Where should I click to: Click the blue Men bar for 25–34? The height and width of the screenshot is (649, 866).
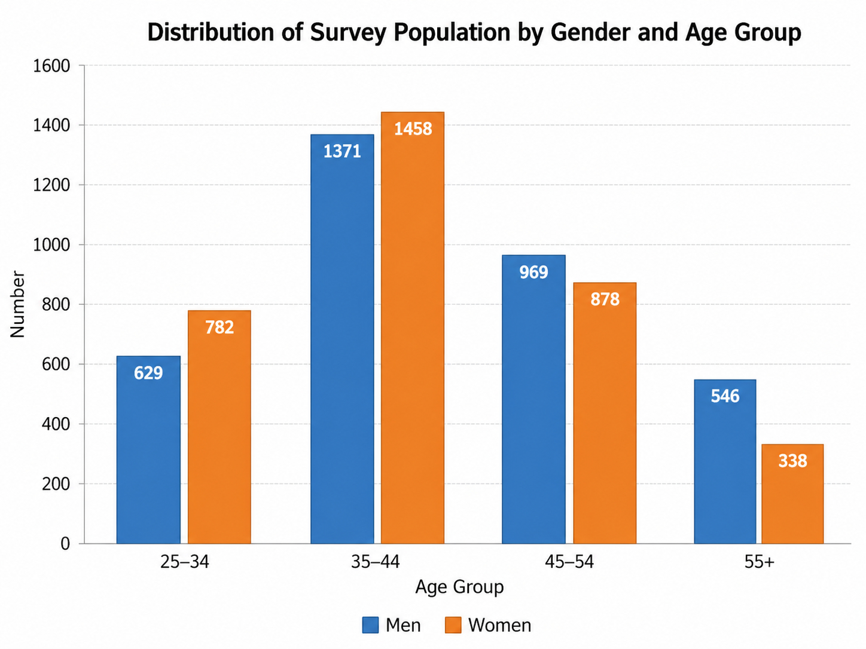click(148, 449)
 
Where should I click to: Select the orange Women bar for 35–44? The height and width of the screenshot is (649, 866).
click(412, 328)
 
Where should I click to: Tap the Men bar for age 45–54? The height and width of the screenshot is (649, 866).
click(533, 399)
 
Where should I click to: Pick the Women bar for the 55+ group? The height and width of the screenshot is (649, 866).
click(792, 494)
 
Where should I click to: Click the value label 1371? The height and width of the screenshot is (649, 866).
click(342, 152)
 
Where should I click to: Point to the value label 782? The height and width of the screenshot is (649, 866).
click(219, 327)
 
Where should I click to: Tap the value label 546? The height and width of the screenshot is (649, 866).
click(725, 396)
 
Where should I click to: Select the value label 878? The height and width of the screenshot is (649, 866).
click(605, 299)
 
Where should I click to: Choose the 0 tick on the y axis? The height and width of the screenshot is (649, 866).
click(65, 544)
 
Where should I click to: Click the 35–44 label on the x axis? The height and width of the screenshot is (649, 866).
click(375, 562)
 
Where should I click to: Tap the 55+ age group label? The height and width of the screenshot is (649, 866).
click(759, 562)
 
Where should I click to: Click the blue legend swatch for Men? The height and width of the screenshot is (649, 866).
click(370, 625)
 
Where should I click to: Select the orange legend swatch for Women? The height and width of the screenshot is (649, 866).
click(453, 625)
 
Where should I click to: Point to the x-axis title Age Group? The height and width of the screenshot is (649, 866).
click(460, 587)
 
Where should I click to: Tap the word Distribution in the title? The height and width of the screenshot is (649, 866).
click(211, 32)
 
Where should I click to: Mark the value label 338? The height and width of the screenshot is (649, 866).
click(792, 461)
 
